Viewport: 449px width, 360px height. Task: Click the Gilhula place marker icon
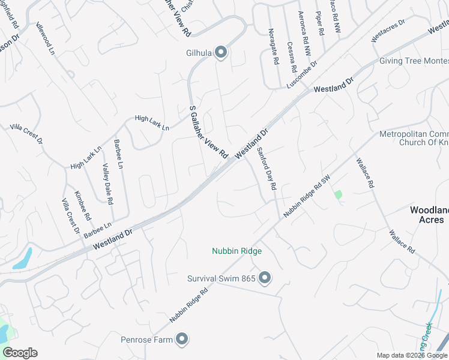pos(221,53)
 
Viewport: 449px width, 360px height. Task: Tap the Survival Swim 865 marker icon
pos(265,278)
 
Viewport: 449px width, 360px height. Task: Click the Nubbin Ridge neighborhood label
pos(237,251)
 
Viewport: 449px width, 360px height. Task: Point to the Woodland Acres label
pos(429,215)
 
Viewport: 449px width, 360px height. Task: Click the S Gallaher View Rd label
pos(209,132)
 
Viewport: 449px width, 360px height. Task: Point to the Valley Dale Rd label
pos(107,184)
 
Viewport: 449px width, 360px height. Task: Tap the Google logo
pos(20,353)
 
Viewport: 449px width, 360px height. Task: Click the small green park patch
pos(339,194)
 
